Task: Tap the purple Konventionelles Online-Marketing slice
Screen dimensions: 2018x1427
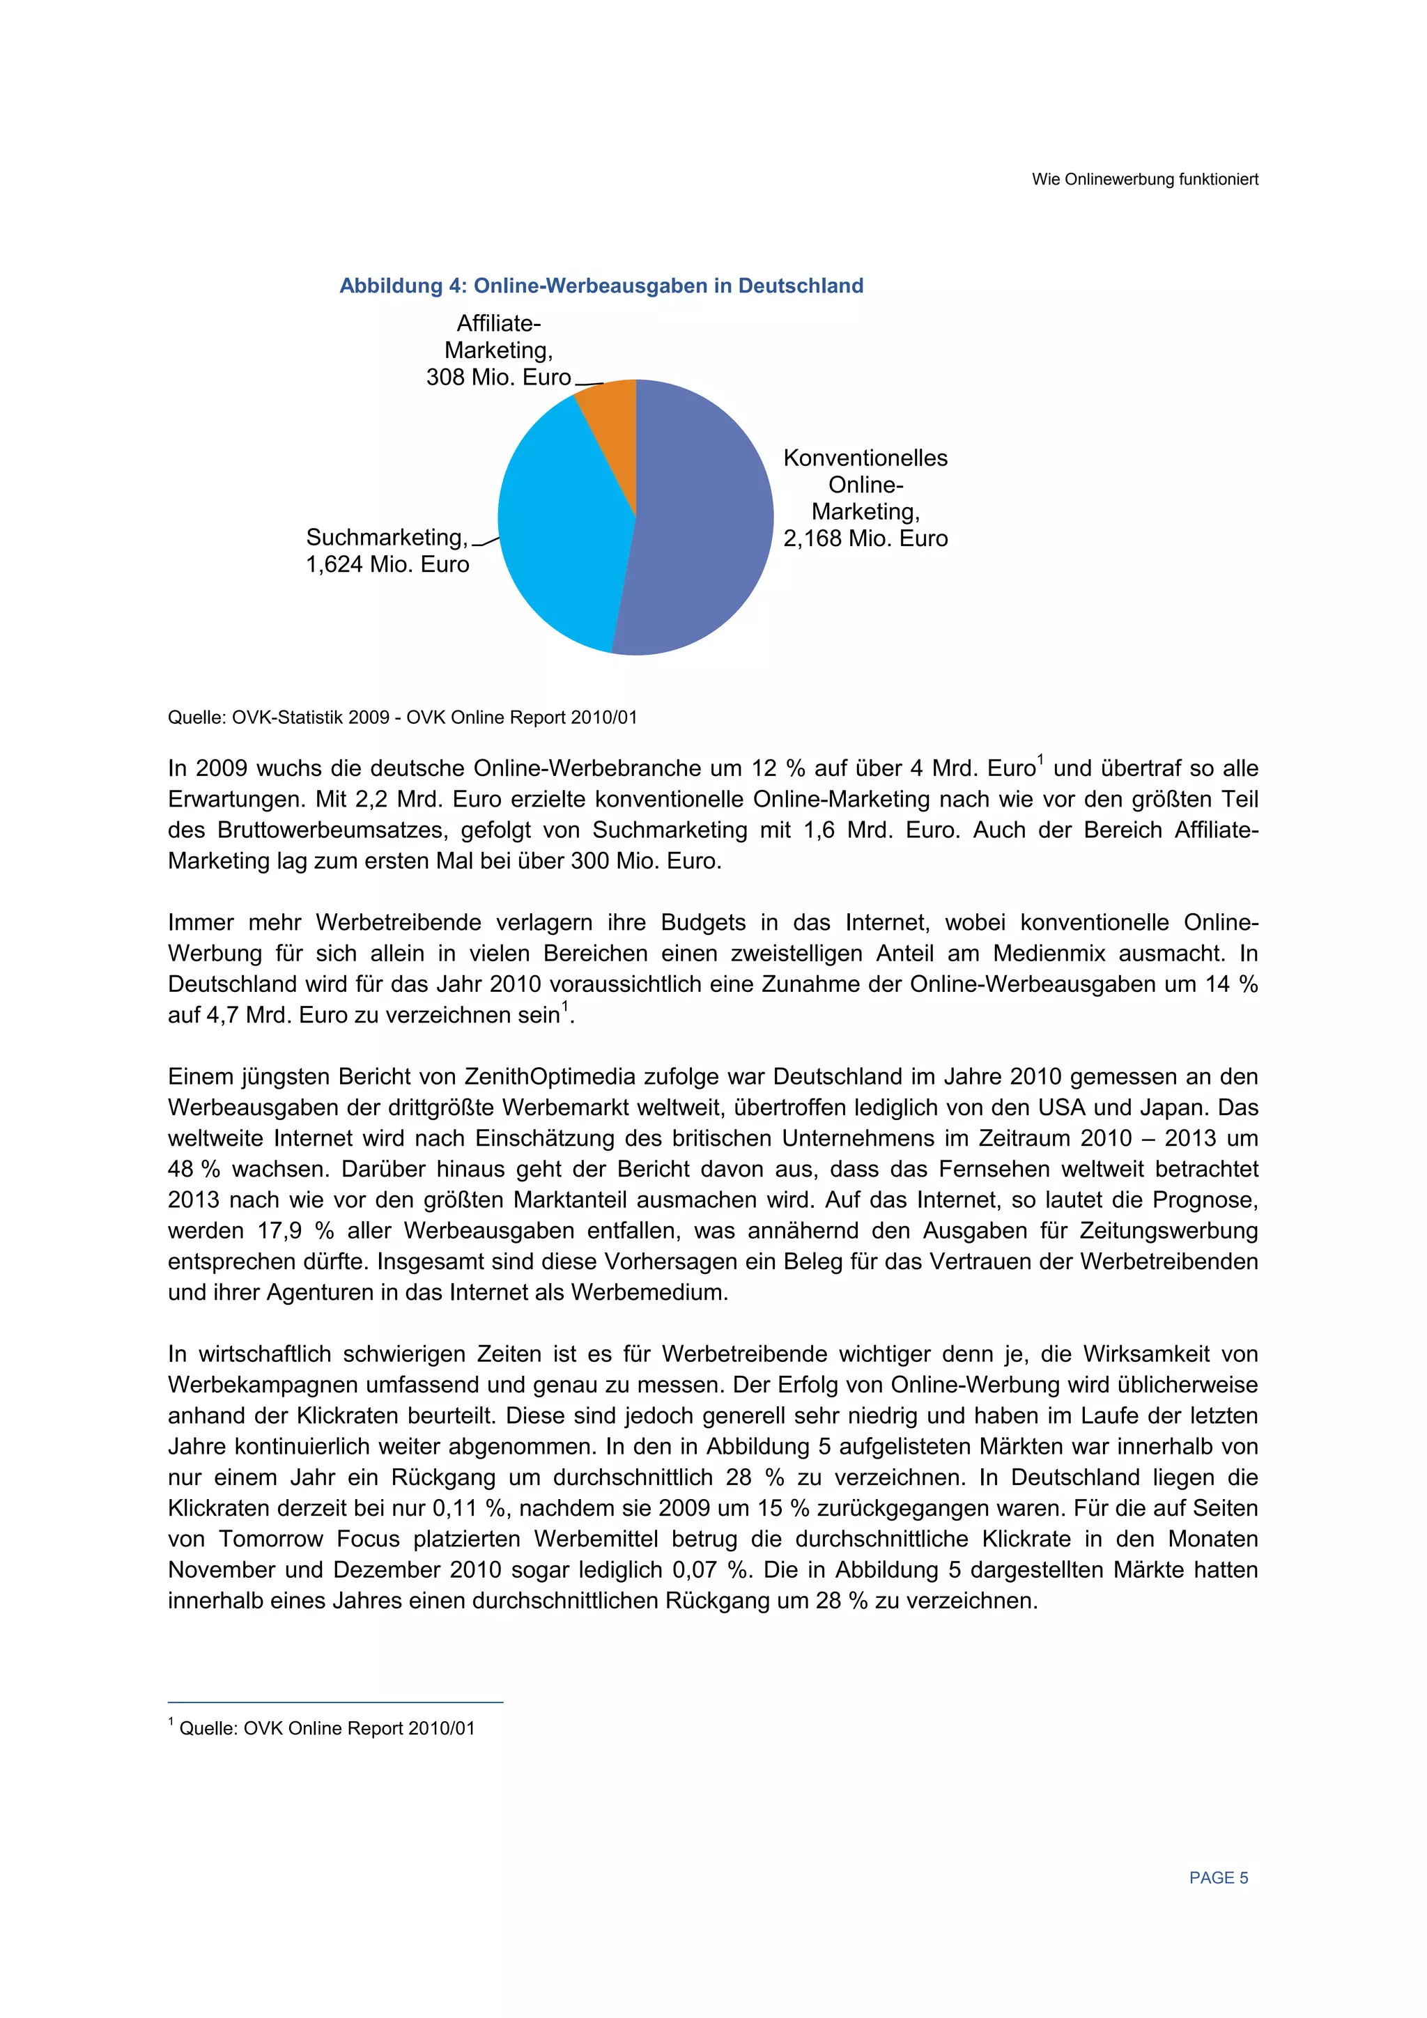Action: [x=703, y=527]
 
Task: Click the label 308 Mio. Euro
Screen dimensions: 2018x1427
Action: [x=498, y=378]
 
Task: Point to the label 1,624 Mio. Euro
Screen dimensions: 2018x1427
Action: [x=387, y=564]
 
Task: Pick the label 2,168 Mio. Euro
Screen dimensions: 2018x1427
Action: [x=865, y=538]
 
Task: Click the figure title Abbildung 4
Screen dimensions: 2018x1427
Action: [x=601, y=286]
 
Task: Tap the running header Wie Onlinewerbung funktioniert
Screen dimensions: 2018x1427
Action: [x=1145, y=179]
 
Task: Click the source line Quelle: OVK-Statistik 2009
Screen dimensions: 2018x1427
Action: [x=402, y=717]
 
